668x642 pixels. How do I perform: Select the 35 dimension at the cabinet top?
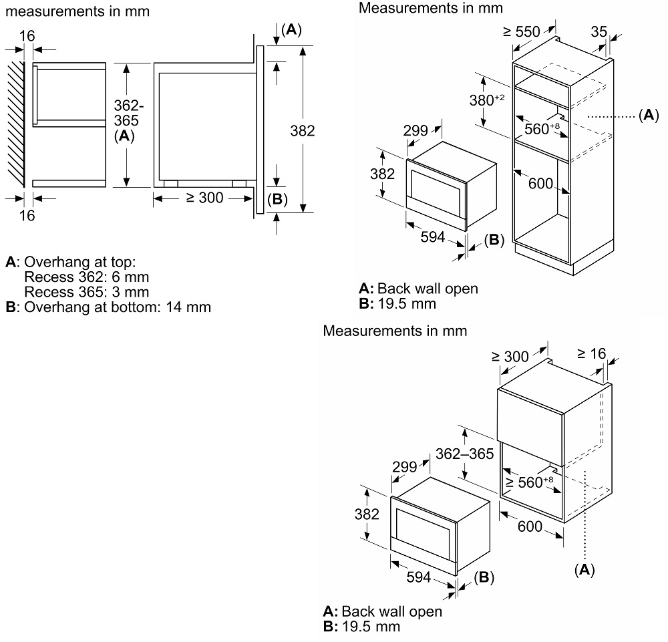pyautogui.click(x=599, y=31)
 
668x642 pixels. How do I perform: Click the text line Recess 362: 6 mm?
pyautogui.click(x=86, y=277)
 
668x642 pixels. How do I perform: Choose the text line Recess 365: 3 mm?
pyautogui.click(x=86, y=292)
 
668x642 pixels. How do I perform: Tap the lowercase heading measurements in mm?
pyautogui.click(x=77, y=11)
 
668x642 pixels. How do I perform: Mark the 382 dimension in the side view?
pyautogui.click(x=303, y=130)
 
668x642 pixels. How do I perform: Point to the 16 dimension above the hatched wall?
pyautogui.click(x=27, y=35)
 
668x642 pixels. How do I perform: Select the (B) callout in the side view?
pyautogui.click(x=277, y=198)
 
